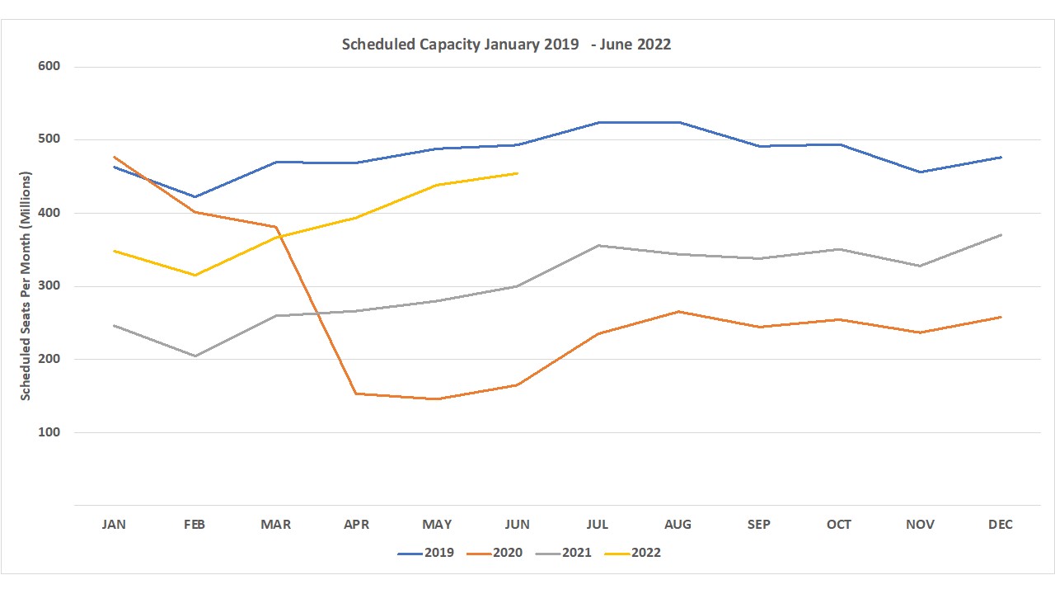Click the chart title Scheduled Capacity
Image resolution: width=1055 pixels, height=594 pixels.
coord(506,45)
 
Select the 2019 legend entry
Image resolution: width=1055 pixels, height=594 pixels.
coord(426,553)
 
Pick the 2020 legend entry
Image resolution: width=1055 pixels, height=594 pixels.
coord(495,553)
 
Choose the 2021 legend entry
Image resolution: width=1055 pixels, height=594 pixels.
coord(564,553)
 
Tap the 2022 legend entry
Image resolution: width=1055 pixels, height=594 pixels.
coord(633,553)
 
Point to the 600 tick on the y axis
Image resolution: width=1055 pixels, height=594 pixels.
coord(49,66)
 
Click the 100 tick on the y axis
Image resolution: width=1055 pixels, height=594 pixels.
coord(49,432)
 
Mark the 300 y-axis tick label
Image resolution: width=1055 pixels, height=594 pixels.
coord(49,286)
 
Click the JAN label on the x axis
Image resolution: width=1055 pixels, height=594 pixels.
coord(114,525)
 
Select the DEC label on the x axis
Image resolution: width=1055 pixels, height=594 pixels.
coord(1001,525)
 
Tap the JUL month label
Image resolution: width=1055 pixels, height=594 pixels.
coord(598,525)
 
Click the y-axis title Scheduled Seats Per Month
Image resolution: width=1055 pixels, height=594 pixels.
coord(26,286)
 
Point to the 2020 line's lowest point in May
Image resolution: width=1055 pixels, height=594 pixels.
coord(436,399)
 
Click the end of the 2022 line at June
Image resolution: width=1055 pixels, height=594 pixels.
coord(517,173)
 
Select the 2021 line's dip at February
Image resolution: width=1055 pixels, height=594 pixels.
coord(195,356)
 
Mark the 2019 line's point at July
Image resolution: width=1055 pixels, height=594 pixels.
coord(598,122)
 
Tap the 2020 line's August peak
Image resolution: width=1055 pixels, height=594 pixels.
coord(678,311)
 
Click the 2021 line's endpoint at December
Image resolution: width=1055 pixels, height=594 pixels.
coord(1001,235)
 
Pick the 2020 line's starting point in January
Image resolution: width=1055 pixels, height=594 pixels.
coord(114,157)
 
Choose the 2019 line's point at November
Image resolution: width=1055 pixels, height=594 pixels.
coord(920,172)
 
